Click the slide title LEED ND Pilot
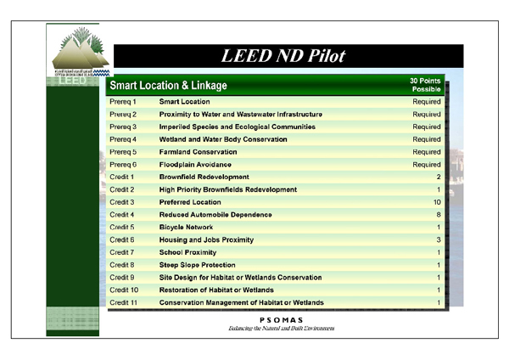[x=283, y=57]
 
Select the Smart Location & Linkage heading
[x=168, y=86]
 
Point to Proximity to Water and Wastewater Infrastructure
[x=241, y=114]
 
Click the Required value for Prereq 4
[x=427, y=139]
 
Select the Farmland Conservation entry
[x=199, y=152]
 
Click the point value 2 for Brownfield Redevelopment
[x=438, y=177]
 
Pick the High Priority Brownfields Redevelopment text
[x=228, y=189]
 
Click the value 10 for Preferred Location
[x=436, y=202]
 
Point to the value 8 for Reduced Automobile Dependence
[x=438, y=215]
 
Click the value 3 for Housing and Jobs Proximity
[x=438, y=240]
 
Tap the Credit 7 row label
[x=122, y=252]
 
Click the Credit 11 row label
[x=124, y=302]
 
